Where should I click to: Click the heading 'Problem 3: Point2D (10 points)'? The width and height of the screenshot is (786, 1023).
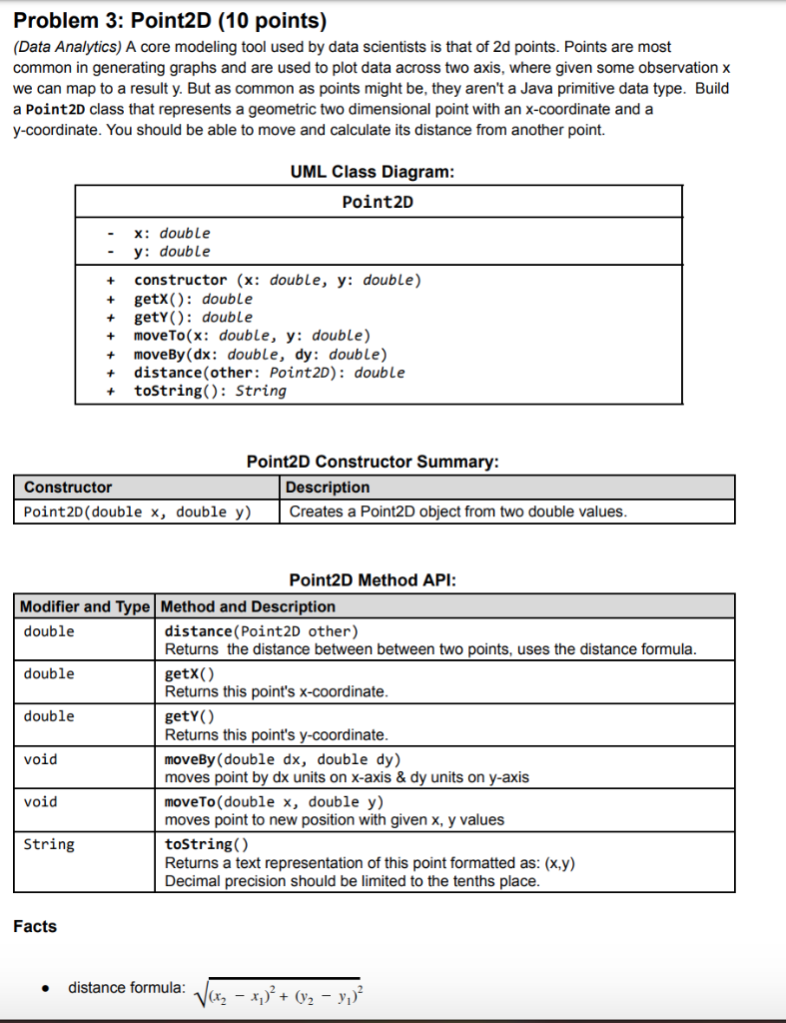click(170, 20)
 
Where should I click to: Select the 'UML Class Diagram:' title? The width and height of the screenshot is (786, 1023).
click(372, 172)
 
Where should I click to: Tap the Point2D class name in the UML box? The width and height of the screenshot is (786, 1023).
click(378, 202)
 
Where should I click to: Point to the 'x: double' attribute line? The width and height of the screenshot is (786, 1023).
click(172, 233)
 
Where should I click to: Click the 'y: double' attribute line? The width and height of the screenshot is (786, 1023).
click(172, 252)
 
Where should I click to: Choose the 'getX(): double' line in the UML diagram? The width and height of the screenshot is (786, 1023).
click(193, 299)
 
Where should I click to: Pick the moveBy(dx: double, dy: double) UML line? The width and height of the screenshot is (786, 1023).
click(260, 354)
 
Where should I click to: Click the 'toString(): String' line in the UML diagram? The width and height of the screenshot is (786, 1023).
click(210, 391)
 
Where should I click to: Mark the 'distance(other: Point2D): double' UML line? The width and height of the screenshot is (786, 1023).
click(269, 373)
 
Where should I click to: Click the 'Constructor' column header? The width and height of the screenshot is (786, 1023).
click(68, 488)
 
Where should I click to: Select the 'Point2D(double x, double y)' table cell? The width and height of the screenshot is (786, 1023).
click(137, 511)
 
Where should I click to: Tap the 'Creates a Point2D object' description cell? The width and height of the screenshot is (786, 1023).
click(457, 511)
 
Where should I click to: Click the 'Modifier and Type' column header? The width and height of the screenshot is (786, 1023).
click(86, 606)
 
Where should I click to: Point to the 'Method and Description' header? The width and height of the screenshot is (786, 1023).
click(248, 606)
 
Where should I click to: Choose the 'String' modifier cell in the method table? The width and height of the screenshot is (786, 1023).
click(49, 845)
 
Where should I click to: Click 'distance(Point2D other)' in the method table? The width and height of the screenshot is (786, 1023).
click(261, 631)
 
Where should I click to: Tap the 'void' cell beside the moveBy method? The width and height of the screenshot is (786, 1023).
click(41, 759)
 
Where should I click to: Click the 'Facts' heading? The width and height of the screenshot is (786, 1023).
click(35, 926)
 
